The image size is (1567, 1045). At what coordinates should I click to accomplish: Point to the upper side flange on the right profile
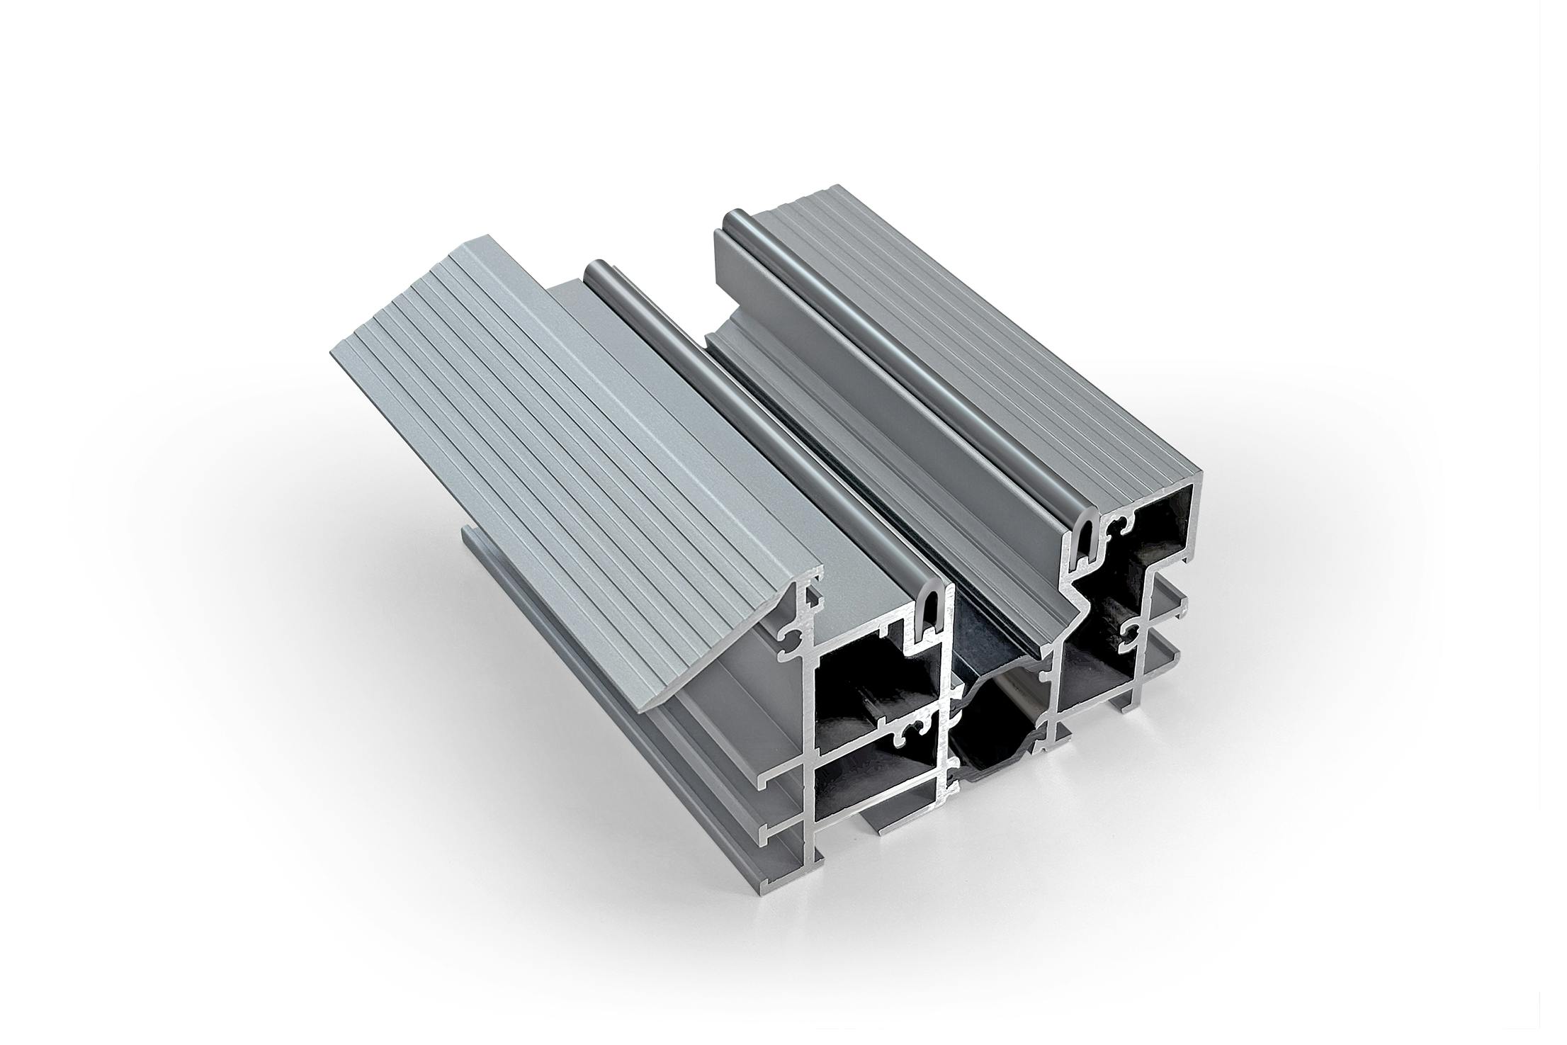[1374, 599]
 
